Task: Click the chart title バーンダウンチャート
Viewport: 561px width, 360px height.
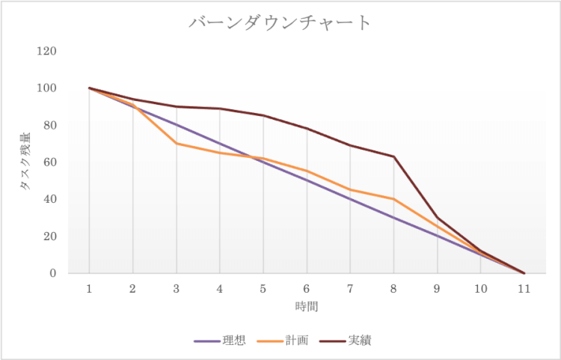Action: (x=280, y=22)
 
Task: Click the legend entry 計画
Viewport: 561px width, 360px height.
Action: (x=296, y=341)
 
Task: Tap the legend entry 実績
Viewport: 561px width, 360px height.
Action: (x=360, y=341)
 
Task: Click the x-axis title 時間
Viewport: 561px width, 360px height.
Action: (x=307, y=306)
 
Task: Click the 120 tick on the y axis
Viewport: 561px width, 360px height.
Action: (x=47, y=52)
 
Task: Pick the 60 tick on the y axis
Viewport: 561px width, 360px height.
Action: (x=50, y=162)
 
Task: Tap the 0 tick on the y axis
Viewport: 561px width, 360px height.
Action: (x=53, y=273)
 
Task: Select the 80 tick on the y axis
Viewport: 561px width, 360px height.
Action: (x=50, y=126)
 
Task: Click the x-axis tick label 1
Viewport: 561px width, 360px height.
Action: (x=90, y=288)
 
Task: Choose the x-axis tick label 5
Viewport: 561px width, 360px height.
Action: (x=263, y=288)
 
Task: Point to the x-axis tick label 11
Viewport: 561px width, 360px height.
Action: (x=524, y=288)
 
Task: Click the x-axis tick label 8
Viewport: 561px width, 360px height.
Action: (x=393, y=288)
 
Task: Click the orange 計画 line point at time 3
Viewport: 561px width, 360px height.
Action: (x=177, y=143)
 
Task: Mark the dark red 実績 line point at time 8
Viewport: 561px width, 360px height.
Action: (x=393, y=156)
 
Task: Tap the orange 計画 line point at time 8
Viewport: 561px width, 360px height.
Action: (x=393, y=199)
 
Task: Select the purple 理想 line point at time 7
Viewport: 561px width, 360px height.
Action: (x=350, y=199)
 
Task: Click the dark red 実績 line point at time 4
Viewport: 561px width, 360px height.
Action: (x=220, y=109)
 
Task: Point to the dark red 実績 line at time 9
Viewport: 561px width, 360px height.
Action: (x=437, y=218)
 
